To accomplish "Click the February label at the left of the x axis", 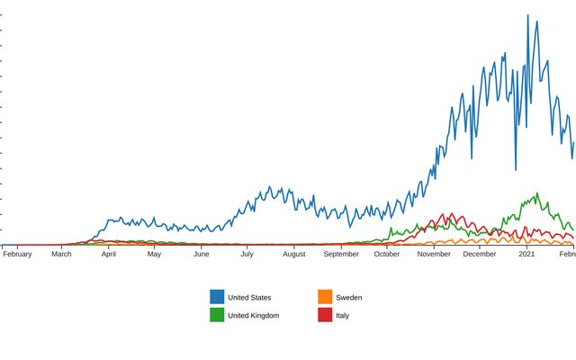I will (x=17, y=255).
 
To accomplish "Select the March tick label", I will (x=61, y=255).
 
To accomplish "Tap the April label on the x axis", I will (x=109, y=255).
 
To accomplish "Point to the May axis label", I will (x=154, y=255).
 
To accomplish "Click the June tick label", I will (x=201, y=255).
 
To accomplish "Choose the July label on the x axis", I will (x=247, y=255).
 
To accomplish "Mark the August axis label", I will (x=294, y=255).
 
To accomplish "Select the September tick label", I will (x=341, y=255).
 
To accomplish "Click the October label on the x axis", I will (x=387, y=255).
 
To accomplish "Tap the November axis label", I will (x=434, y=255).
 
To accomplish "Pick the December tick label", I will (x=480, y=255).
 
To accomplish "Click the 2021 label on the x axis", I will (x=526, y=255).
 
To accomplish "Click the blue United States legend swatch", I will (x=217, y=297).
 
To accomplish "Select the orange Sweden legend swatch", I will (x=325, y=297).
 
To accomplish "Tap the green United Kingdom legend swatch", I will (x=217, y=315).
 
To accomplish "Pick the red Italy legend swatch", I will (x=325, y=315).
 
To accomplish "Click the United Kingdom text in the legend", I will (x=253, y=315).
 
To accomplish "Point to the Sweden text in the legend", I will (x=348, y=297).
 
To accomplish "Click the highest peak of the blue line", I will (x=527, y=15).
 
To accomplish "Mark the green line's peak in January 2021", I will (x=537, y=193).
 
